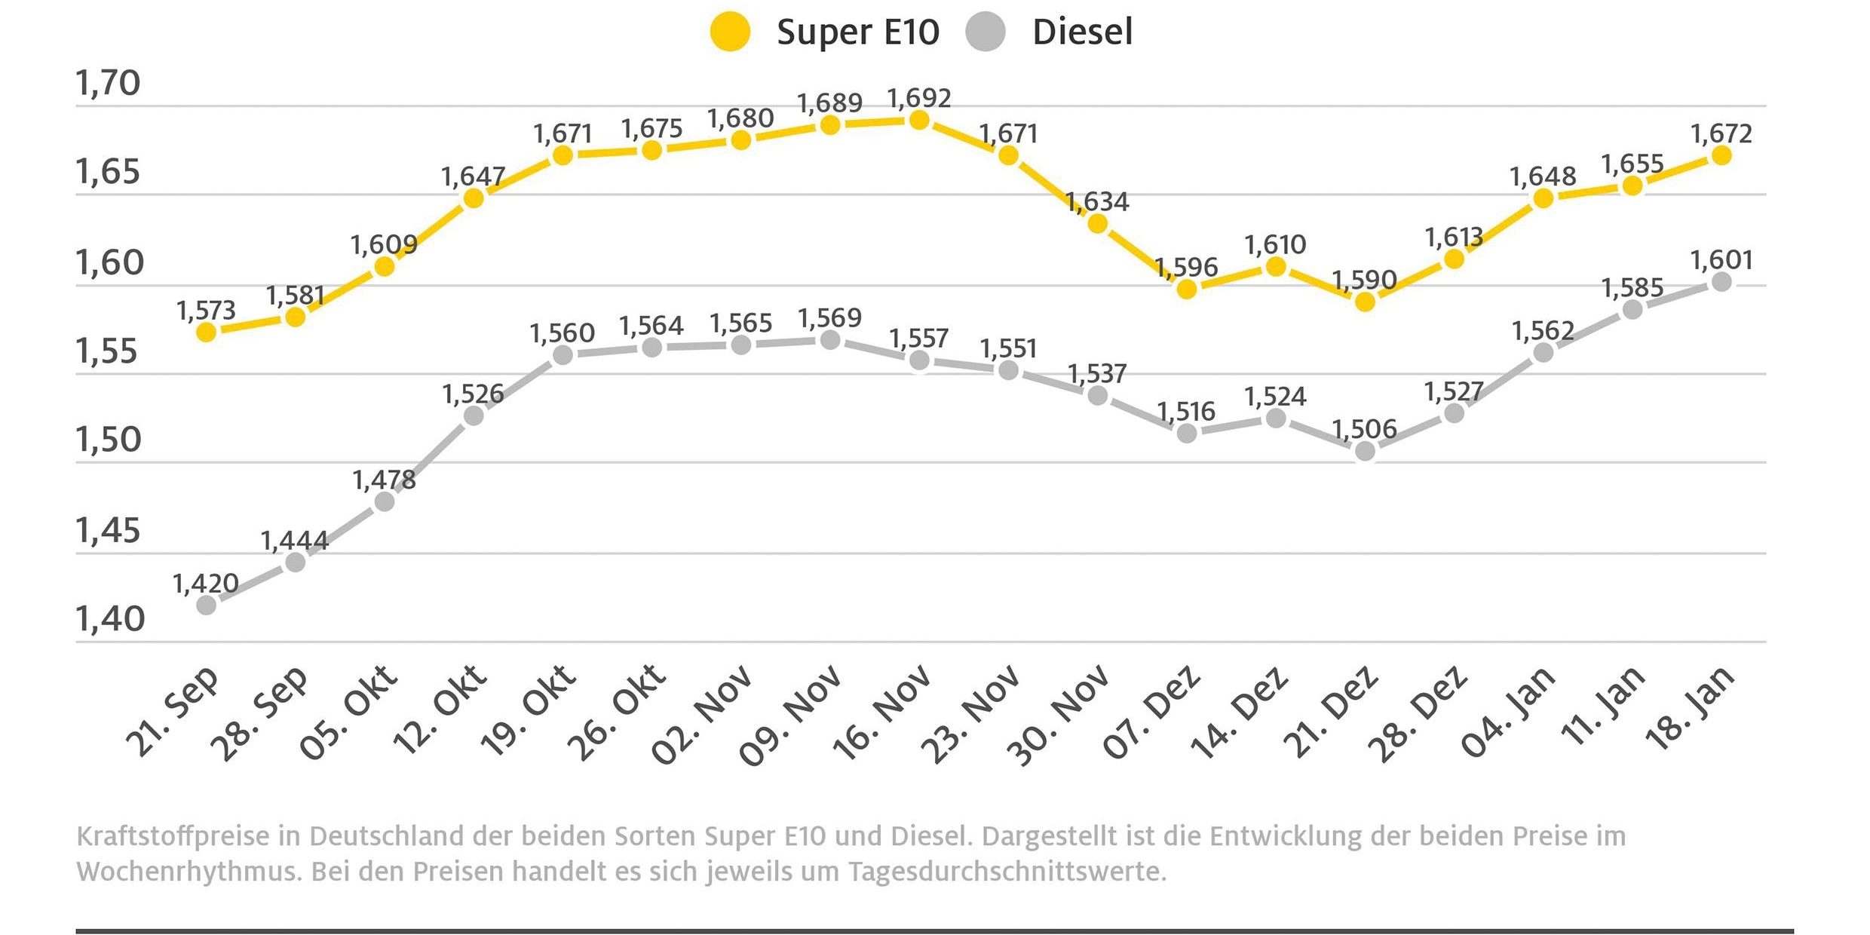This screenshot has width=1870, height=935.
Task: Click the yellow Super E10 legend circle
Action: pos(730,32)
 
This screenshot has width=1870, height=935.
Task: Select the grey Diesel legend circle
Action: pos(985,32)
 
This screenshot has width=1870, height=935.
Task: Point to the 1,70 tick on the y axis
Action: pos(108,83)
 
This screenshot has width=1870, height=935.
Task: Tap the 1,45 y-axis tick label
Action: pos(108,531)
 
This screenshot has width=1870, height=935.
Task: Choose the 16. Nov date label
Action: pos(882,713)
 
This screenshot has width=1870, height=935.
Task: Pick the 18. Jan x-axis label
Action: pos(1691,709)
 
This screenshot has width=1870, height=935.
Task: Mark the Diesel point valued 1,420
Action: pos(206,605)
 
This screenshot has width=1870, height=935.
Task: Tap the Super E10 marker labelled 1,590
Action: pos(1365,302)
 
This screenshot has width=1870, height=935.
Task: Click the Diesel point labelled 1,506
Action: pos(1365,452)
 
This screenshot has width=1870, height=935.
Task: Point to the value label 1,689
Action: pos(829,103)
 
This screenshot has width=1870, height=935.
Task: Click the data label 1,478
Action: pos(384,480)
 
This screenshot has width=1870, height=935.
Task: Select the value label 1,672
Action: pos(1721,134)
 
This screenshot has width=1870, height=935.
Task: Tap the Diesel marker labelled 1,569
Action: pos(830,341)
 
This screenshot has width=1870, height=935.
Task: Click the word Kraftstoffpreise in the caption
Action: pos(173,837)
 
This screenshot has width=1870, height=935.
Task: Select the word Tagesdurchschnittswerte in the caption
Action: pos(1007,872)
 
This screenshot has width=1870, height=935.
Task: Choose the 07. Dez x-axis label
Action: pos(1151,713)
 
